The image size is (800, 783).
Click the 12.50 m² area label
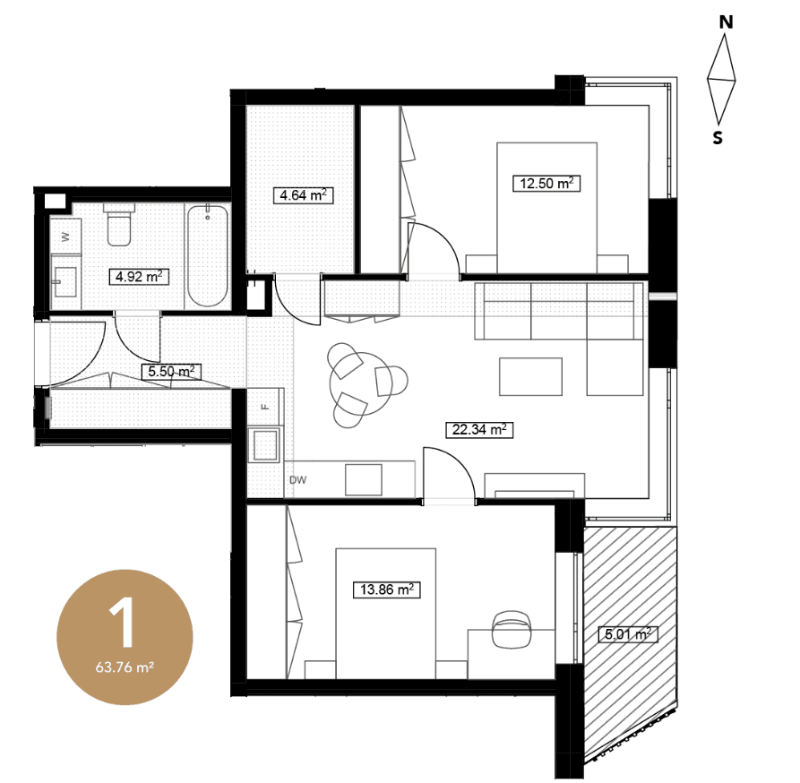coord(546,184)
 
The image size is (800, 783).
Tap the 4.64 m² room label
coord(303,195)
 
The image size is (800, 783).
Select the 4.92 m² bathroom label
coord(139,277)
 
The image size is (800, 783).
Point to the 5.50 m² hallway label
coord(171,372)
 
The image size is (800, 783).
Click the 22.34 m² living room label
coord(479,430)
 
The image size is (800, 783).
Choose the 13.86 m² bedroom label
coord(387,590)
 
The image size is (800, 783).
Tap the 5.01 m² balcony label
coord(628,634)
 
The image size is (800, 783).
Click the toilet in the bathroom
coord(119,225)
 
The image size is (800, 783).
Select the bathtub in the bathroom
coord(207,255)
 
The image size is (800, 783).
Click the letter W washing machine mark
coord(65,237)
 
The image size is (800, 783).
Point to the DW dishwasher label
coord(298,480)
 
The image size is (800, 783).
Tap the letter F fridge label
coord(265,407)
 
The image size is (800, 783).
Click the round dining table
coord(362,383)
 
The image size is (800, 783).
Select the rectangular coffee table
coord(530,376)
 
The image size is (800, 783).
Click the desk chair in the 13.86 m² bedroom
coord(512,630)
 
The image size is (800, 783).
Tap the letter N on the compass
coord(726,22)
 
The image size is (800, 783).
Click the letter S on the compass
coord(718,138)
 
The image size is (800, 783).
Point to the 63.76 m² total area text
coord(125,667)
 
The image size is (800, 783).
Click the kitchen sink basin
coord(263,445)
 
